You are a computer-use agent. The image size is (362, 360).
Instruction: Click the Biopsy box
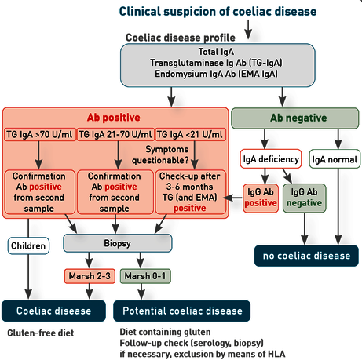click(x=118, y=243)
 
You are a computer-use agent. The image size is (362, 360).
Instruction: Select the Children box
click(x=28, y=245)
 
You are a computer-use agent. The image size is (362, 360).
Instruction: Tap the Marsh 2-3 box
click(x=90, y=276)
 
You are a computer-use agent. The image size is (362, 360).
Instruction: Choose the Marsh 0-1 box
click(x=145, y=276)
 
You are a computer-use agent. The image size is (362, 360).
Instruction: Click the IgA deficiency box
click(x=271, y=159)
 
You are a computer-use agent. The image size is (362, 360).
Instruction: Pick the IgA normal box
click(x=335, y=159)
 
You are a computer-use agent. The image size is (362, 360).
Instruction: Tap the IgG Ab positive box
click(x=261, y=198)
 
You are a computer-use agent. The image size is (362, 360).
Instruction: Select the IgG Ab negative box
click(x=304, y=198)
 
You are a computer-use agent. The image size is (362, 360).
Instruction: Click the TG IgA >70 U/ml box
click(x=40, y=135)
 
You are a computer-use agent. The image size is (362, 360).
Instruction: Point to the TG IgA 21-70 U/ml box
click(x=115, y=135)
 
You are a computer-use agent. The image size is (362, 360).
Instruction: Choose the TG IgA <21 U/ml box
click(x=190, y=135)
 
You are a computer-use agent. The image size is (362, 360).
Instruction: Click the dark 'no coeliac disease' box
click(x=306, y=256)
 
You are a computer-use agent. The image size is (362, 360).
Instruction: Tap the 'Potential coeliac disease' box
click(x=182, y=311)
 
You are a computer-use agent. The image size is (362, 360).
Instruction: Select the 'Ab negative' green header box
click(x=295, y=118)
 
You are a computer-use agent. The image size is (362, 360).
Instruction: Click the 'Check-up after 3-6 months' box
click(x=190, y=192)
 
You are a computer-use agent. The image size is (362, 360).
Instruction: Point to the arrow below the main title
click(x=248, y=30)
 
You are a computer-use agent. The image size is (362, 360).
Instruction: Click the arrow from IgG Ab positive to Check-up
click(x=233, y=198)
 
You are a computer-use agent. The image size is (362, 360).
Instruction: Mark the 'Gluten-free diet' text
click(x=41, y=333)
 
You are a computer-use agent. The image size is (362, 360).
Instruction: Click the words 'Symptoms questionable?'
click(x=160, y=155)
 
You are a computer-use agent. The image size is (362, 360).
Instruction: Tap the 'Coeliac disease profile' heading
click(x=181, y=38)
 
